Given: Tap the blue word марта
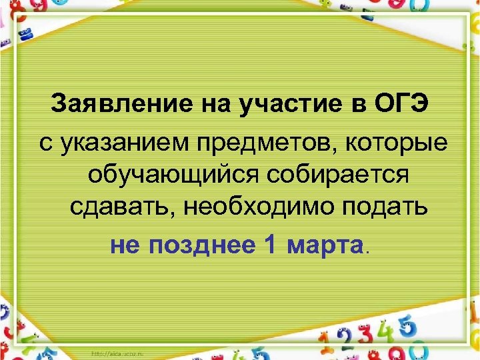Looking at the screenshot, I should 323,245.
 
